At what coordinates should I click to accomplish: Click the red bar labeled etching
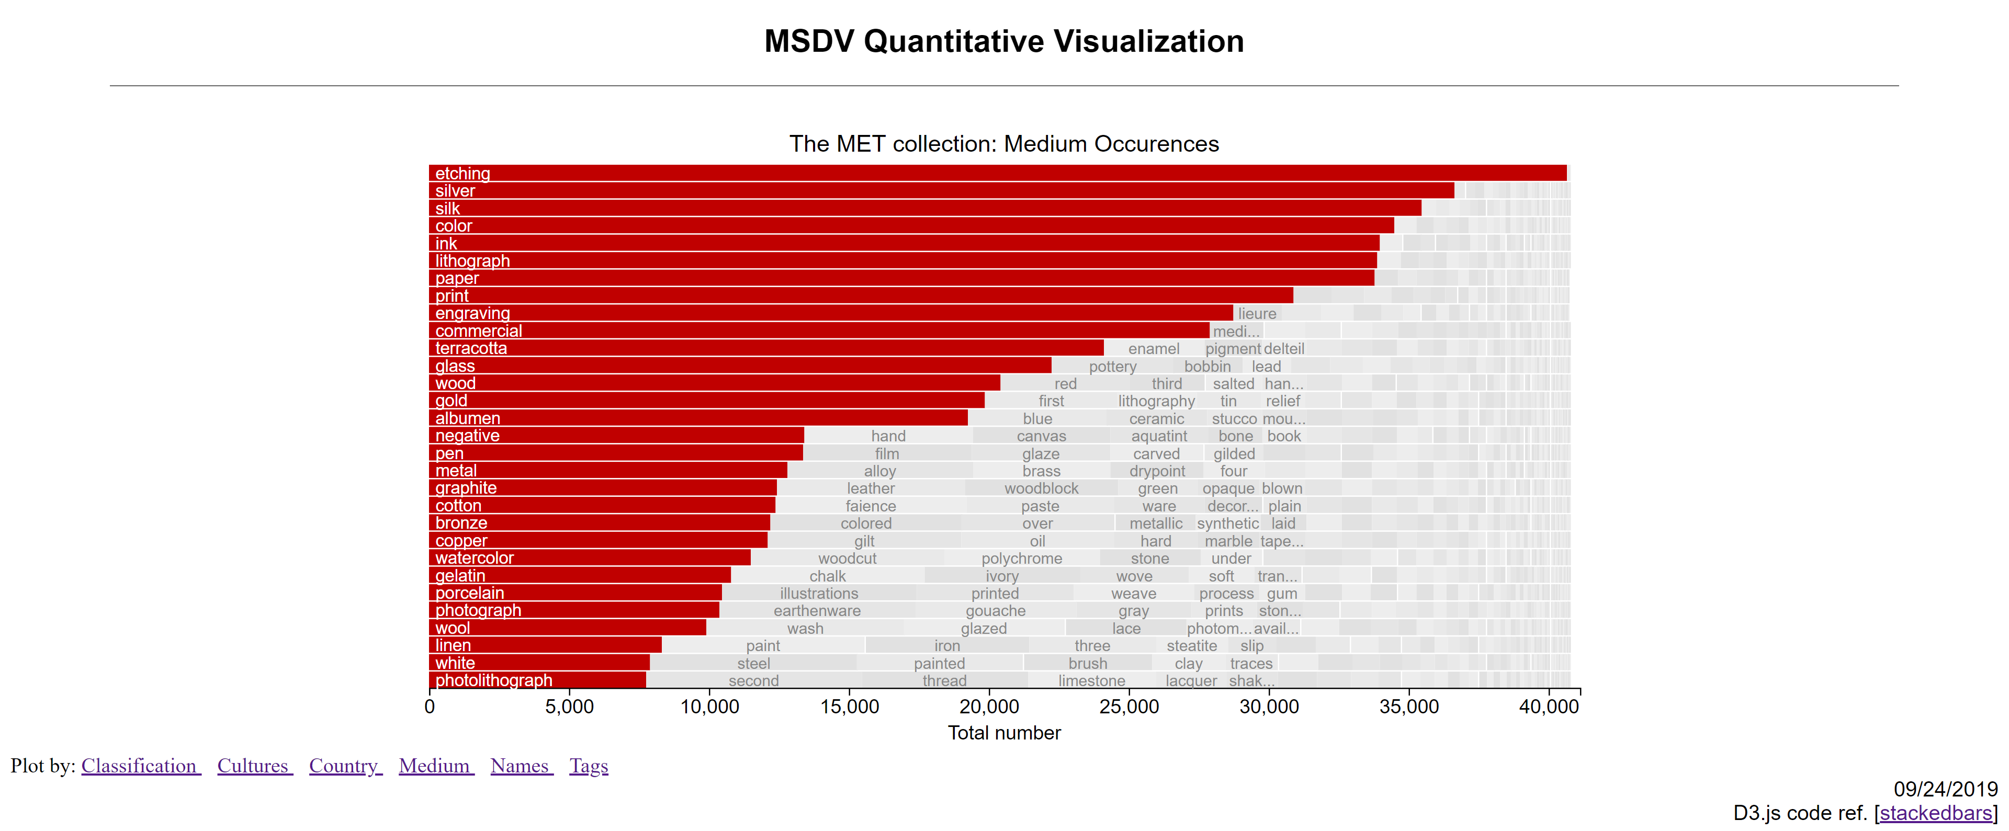[x=998, y=173]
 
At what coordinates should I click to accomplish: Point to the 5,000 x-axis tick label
[x=569, y=707]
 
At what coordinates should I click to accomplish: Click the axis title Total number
[x=1004, y=733]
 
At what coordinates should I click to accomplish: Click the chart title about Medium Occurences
[x=1004, y=144]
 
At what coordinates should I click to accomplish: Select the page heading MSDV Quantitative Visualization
[x=1004, y=41]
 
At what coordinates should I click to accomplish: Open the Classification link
[x=140, y=766]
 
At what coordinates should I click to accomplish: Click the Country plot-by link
[x=345, y=766]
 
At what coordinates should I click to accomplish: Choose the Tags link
[x=588, y=766]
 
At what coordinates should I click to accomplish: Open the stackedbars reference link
[x=1936, y=813]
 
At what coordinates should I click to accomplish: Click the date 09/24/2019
[x=1945, y=789]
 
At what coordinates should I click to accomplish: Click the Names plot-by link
[x=521, y=766]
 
